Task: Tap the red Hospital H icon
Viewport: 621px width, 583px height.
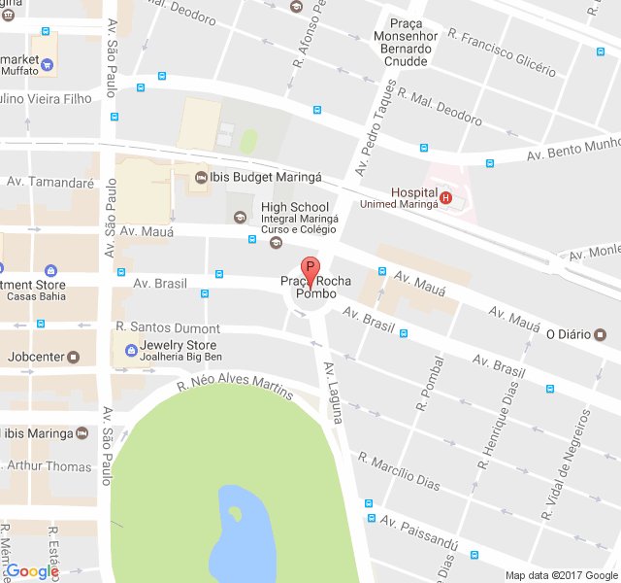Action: coord(445,198)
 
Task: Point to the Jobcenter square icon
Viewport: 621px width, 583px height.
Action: coord(74,357)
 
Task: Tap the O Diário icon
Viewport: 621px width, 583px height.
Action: coord(600,334)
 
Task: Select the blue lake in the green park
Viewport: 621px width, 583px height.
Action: coord(234,534)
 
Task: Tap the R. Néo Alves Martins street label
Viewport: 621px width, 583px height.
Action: coord(234,388)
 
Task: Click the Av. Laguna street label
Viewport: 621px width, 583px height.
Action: coord(334,393)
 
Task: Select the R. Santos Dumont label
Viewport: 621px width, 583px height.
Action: coord(168,328)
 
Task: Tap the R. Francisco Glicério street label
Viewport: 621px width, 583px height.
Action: coord(502,52)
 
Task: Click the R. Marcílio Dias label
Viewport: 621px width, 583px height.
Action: coord(399,471)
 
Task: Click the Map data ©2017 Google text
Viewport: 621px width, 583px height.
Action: coord(562,574)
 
